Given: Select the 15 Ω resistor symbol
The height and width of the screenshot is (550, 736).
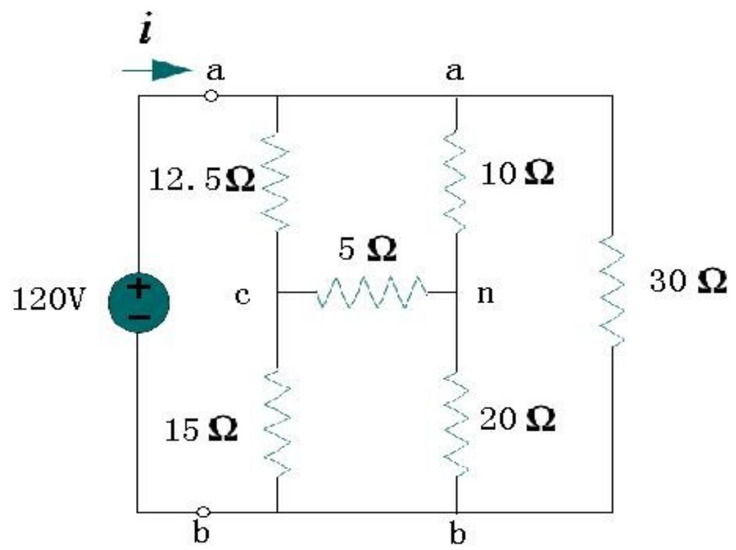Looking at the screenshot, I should [x=277, y=422].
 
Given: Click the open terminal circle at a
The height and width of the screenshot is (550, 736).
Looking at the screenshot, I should [x=211, y=96].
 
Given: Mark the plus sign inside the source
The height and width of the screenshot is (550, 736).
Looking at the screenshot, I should [x=138, y=289].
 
